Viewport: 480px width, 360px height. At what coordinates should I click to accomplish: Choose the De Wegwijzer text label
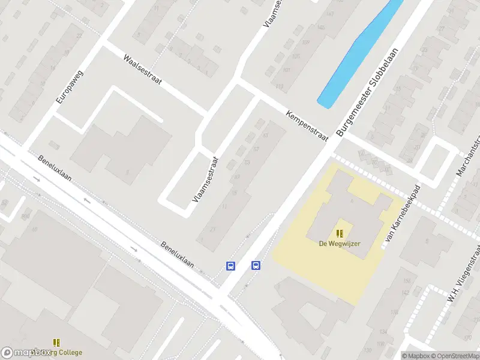pos(340,244)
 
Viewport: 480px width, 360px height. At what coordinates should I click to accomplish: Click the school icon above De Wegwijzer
pos(340,233)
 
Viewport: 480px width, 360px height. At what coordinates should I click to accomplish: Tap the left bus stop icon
pos(230,265)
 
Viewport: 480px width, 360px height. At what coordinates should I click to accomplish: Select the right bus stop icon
pos(256,265)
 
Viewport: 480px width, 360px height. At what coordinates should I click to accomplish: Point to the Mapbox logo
pos(25,353)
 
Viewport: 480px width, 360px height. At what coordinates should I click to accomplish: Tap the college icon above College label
pos(57,343)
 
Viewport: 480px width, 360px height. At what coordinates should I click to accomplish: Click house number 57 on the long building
pos(256,149)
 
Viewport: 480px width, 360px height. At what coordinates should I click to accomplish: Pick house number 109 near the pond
pos(306,42)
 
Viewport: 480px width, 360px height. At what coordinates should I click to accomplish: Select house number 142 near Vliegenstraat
pos(388,292)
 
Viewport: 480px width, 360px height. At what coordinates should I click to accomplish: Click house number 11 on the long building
pos(223,206)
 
